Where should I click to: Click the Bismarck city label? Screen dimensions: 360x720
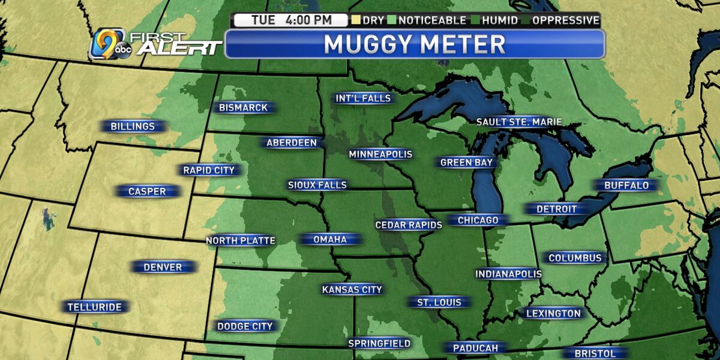244,108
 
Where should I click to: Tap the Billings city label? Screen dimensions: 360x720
132,127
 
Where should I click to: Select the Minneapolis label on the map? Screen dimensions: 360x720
380,154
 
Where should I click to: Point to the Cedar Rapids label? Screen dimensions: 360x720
408,225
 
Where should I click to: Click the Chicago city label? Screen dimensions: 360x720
478,220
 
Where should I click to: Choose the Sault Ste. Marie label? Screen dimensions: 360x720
518,122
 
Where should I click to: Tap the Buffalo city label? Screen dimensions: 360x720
626,185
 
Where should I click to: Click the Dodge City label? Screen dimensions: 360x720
245,326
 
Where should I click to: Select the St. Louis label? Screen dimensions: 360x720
439,302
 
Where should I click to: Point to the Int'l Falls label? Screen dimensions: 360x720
363,98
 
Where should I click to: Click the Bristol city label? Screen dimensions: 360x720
595,353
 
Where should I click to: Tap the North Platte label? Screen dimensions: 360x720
241,241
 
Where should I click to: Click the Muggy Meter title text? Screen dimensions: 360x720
414,44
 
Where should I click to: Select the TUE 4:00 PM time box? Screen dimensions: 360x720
291,20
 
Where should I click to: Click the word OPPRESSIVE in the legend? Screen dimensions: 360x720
565,20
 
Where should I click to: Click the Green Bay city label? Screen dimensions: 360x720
466,162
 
